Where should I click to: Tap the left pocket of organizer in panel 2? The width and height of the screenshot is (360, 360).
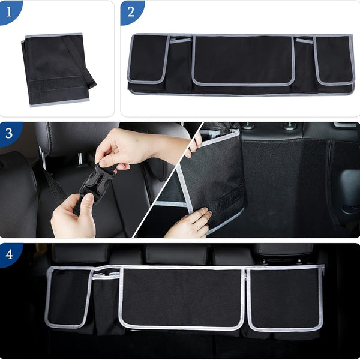[148, 59]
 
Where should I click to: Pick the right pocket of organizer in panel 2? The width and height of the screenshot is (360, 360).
[334, 60]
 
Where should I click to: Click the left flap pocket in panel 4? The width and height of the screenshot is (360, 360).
[67, 297]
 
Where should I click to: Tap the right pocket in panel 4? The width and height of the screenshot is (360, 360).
[284, 299]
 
